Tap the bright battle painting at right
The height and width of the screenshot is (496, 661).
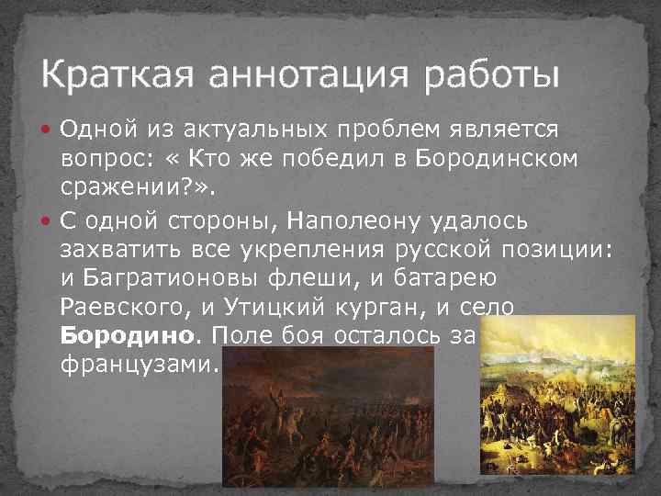[557, 394]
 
